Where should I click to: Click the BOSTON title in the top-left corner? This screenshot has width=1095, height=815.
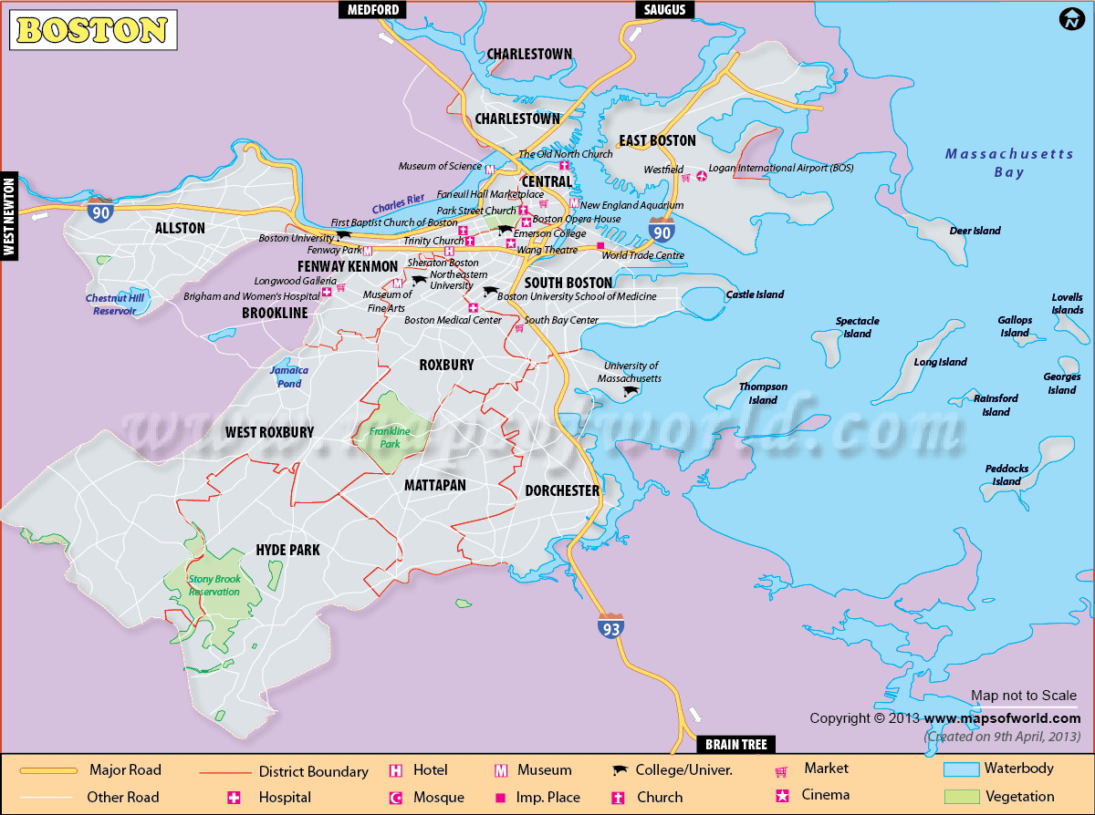92,30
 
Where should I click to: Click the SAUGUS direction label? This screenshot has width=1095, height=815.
665,10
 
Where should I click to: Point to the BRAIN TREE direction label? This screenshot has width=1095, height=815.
735,744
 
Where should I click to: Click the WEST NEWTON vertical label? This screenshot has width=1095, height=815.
10,215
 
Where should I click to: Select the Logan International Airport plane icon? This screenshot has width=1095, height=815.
701,175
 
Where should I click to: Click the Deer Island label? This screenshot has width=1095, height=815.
975,232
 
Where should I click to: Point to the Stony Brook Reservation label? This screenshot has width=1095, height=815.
214,585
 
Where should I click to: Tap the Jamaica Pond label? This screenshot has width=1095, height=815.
289,377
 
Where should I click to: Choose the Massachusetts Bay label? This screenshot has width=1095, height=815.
1009,163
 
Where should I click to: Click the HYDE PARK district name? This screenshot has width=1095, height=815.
287,550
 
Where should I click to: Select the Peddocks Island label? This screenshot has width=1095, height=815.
1006,475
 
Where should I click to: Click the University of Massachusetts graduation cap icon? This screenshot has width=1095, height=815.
630,392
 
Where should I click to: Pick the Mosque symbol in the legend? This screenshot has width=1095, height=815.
396,797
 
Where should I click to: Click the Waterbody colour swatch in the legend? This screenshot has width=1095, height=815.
960,769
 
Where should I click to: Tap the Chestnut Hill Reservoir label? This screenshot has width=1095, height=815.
115,304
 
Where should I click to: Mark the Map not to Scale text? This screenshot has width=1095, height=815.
1024,696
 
